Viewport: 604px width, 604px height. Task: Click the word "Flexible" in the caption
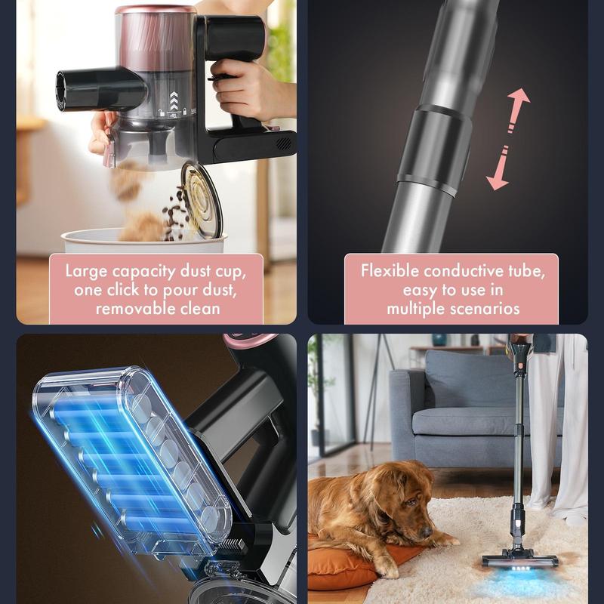tap(390, 271)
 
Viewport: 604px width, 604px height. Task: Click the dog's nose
tap(427, 532)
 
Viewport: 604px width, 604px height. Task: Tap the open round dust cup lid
tap(202, 200)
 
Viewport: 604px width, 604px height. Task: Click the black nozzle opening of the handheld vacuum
tap(61, 91)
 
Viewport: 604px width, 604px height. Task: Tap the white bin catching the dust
tap(143, 241)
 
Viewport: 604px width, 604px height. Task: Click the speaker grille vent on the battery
tap(284, 143)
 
